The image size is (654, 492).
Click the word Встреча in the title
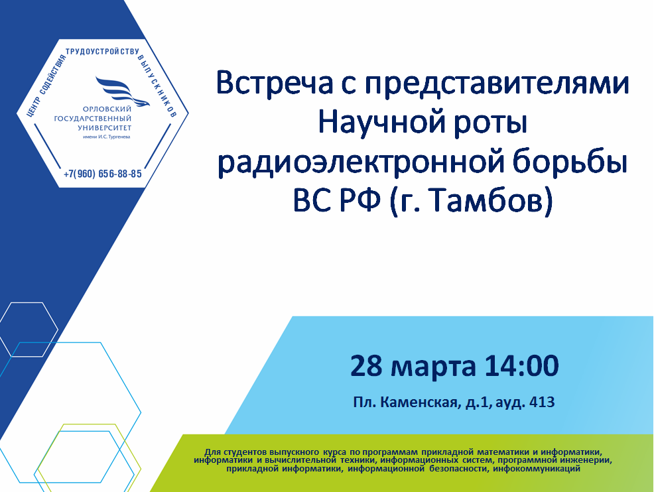click(275, 83)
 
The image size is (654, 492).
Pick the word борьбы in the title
click(570, 162)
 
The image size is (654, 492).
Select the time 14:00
click(521, 365)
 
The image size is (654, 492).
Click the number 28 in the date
click(366, 365)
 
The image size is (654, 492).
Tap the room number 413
click(542, 402)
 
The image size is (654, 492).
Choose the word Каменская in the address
click(421, 402)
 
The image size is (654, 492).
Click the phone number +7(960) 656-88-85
click(103, 174)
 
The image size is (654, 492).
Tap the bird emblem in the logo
click(122, 91)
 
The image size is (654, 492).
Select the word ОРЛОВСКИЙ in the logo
click(107, 109)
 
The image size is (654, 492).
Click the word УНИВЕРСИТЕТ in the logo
click(105, 127)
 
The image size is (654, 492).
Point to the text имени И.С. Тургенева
click(106, 137)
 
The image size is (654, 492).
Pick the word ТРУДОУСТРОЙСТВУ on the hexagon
click(102, 51)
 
